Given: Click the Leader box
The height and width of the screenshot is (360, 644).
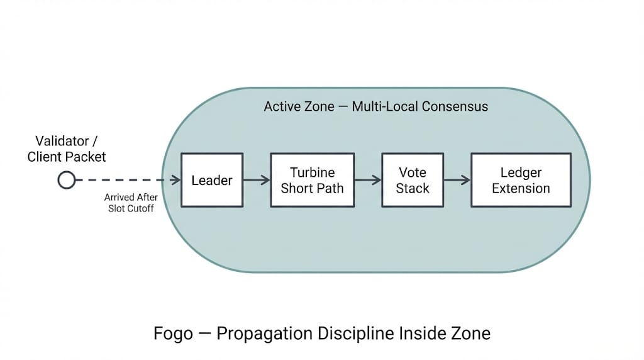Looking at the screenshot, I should click(x=212, y=180).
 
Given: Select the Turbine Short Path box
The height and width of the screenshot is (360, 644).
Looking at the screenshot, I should click(x=312, y=180).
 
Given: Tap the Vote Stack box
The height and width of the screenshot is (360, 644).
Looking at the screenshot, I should click(x=413, y=180).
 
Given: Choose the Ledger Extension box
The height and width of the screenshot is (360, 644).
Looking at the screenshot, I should click(x=521, y=180).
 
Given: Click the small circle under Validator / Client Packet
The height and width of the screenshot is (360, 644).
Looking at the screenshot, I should click(x=66, y=181).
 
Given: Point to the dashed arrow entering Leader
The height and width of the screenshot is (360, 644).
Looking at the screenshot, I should click(x=126, y=181).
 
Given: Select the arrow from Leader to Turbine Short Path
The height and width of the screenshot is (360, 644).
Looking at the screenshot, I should click(x=256, y=181).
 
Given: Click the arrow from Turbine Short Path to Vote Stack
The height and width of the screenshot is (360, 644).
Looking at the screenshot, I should click(x=367, y=181).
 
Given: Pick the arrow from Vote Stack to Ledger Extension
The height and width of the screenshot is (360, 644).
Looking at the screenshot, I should click(x=457, y=181).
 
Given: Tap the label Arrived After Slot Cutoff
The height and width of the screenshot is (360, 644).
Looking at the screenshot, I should click(x=131, y=203).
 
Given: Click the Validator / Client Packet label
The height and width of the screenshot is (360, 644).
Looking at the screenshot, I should click(x=67, y=149).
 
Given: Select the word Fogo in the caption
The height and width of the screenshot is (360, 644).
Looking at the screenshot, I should click(x=173, y=332).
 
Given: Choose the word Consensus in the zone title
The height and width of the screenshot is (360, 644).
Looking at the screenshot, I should click(x=455, y=106).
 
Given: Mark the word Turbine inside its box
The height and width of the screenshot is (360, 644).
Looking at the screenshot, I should click(x=312, y=172).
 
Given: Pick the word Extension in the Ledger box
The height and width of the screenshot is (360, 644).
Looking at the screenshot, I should click(x=521, y=188).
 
